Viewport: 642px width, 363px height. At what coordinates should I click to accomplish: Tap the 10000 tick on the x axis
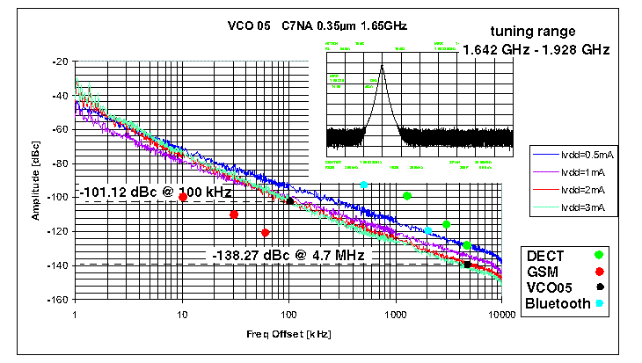(501, 314)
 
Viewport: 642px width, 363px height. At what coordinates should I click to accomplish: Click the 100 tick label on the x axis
(288, 314)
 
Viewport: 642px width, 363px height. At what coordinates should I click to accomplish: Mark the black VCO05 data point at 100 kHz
(289, 201)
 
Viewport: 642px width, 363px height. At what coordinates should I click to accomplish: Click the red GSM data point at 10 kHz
(183, 198)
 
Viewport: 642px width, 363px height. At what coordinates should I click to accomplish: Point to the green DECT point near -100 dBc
(407, 196)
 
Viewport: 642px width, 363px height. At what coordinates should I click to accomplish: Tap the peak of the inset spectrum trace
(382, 66)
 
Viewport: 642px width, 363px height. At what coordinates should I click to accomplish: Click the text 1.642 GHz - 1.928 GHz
(536, 50)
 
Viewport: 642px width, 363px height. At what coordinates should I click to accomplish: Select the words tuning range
(534, 32)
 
